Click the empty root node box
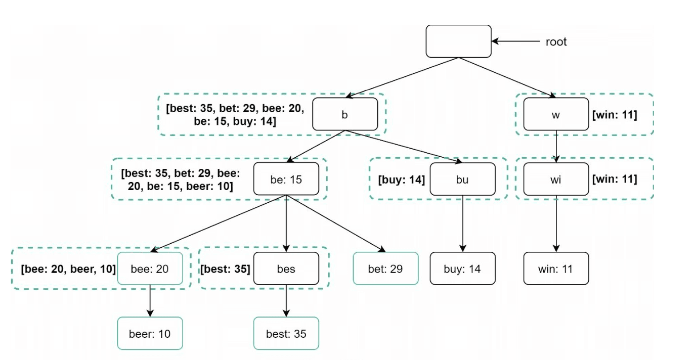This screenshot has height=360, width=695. point(458,41)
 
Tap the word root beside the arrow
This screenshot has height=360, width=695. point(556,42)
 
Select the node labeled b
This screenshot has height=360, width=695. point(345,114)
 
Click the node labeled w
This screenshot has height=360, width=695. point(556,114)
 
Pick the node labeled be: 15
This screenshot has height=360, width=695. point(286,179)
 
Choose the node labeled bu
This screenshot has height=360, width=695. point(463,179)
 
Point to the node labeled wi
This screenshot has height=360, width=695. point(556,179)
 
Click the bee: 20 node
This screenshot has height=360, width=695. point(150,268)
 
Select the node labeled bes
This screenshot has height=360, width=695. point(286,268)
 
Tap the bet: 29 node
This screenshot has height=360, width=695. point(385,268)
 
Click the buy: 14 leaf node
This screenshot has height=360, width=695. point(463,268)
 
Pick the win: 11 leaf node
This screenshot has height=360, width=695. point(556,268)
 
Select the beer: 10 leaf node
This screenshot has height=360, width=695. point(150,333)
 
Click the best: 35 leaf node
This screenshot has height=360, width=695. point(286,333)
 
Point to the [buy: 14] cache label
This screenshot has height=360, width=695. point(401,179)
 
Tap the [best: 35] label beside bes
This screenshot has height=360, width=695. point(225,269)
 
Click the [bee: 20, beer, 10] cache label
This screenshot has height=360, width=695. point(68,269)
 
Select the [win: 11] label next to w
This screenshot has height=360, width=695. point(615,115)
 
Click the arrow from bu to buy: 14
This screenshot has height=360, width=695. point(463,223)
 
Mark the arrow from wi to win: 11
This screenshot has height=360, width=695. point(556,223)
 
